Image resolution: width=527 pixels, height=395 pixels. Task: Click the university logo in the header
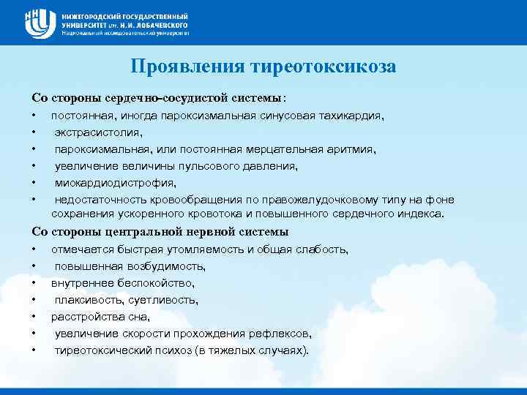[40, 23]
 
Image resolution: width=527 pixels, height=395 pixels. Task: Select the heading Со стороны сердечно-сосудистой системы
[159, 97]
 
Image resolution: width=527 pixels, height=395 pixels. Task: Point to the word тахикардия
[356, 116]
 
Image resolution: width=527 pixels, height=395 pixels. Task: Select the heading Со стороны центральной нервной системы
[160, 232]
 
